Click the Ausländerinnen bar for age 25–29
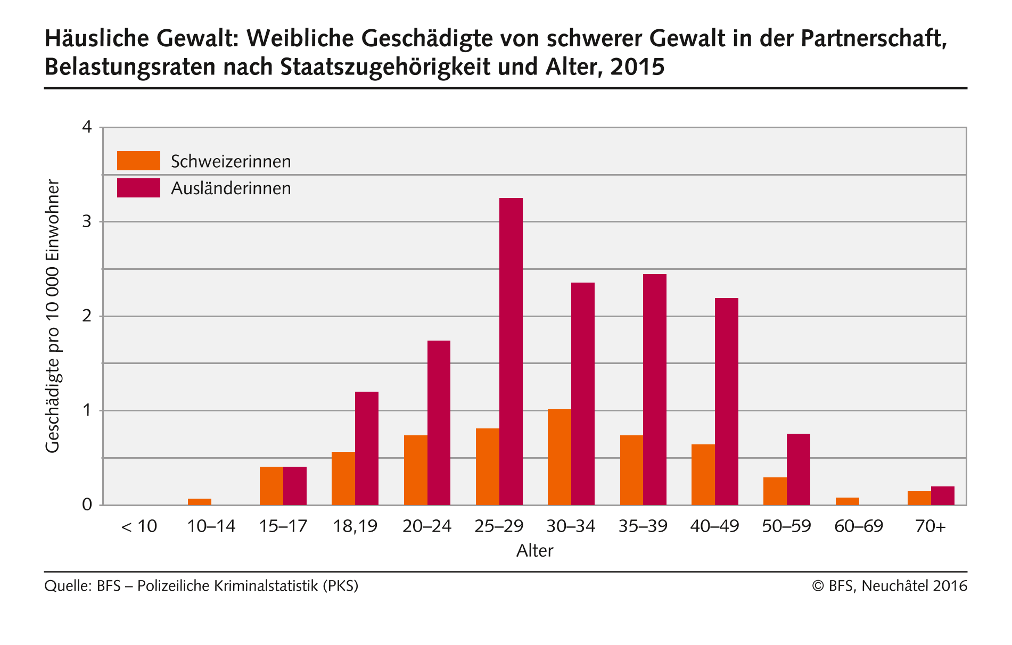click(511, 351)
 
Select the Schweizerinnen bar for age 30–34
click(560, 457)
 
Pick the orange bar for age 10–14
click(200, 501)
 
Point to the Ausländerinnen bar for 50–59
click(799, 469)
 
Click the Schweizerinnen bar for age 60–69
click(848, 501)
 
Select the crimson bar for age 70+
click(943, 496)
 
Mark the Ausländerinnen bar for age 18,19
click(367, 448)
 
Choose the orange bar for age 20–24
click(416, 470)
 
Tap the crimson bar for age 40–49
click(727, 401)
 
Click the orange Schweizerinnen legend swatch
click(138, 161)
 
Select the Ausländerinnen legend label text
click(231, 188)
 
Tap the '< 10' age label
click(139, 526)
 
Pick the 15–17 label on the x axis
click(283, 526)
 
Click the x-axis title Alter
click(534, 550)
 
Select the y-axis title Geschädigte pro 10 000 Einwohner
click(52, 316)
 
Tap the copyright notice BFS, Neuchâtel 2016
click(890, 586)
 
